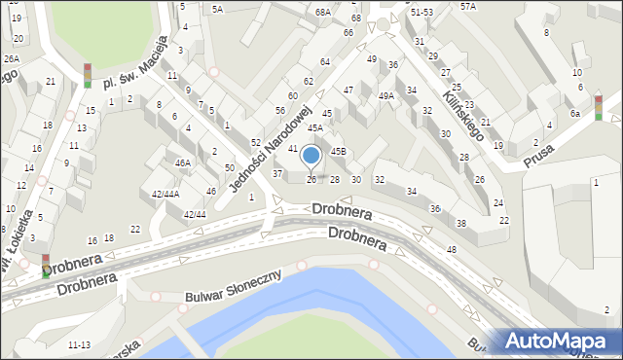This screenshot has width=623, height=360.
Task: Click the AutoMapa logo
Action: pos(558,341)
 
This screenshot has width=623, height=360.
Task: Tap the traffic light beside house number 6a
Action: pos(599,106)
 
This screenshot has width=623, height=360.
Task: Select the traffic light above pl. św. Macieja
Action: pos(87,75)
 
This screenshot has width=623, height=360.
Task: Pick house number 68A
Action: pos(324,12)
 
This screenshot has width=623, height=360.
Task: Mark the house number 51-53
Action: pos(421,13)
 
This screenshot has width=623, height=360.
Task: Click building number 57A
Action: pos(468,6)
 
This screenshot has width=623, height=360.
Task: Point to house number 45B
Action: pos(338,151)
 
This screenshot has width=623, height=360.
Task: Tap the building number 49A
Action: pos(386,95)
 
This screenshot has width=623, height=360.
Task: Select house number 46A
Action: pos(182,163)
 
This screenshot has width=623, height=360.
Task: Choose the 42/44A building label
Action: pos(165,194)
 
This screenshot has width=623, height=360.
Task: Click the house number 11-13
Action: pos(80,344)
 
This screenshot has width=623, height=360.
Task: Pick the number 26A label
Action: pos(11,58)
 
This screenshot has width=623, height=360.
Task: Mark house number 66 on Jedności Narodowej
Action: pos(348,33)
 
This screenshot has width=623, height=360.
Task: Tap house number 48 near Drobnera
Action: pos(452,250)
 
